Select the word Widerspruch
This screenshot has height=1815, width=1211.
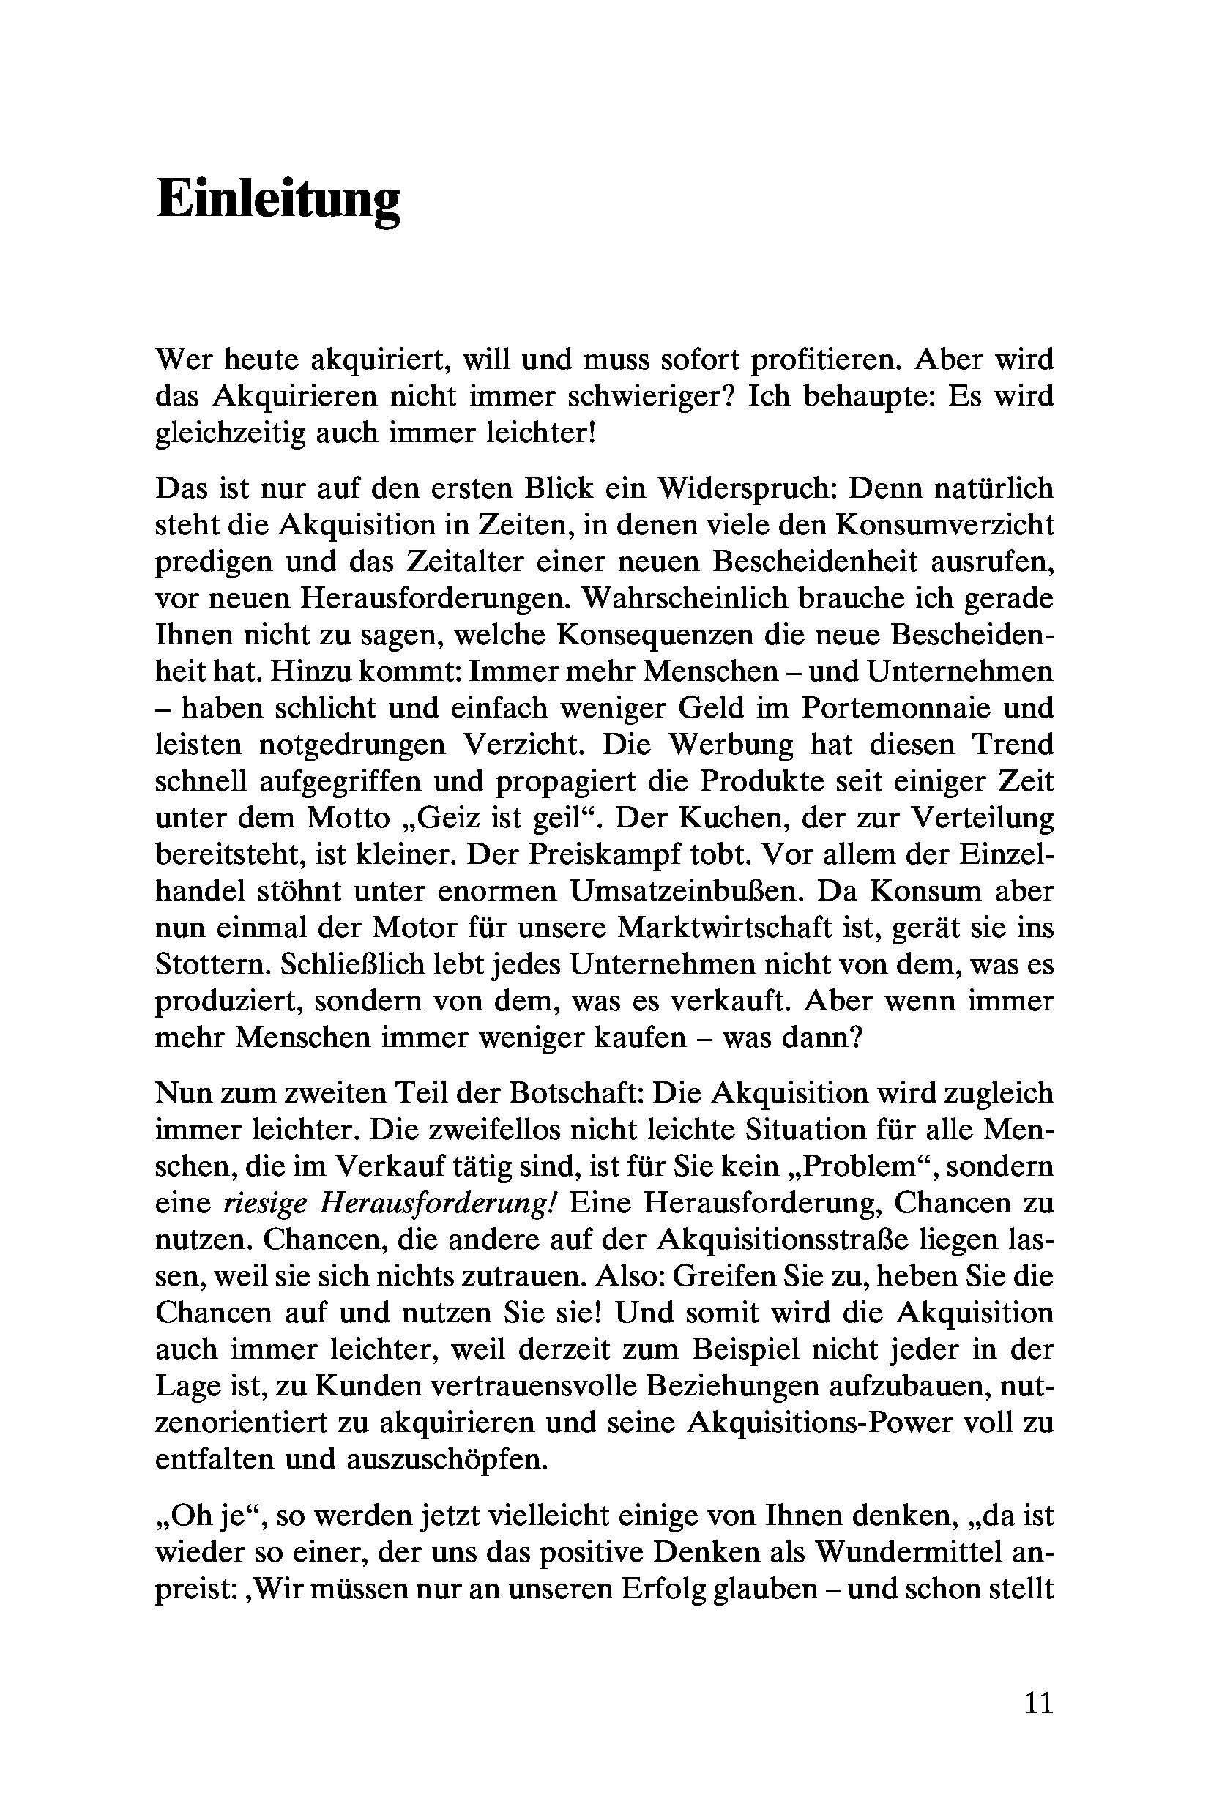coord(741,489)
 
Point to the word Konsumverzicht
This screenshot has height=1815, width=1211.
coord(945,525)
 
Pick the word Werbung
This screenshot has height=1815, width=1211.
coord(731,745)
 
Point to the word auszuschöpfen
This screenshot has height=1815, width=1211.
coord(447,1460)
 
